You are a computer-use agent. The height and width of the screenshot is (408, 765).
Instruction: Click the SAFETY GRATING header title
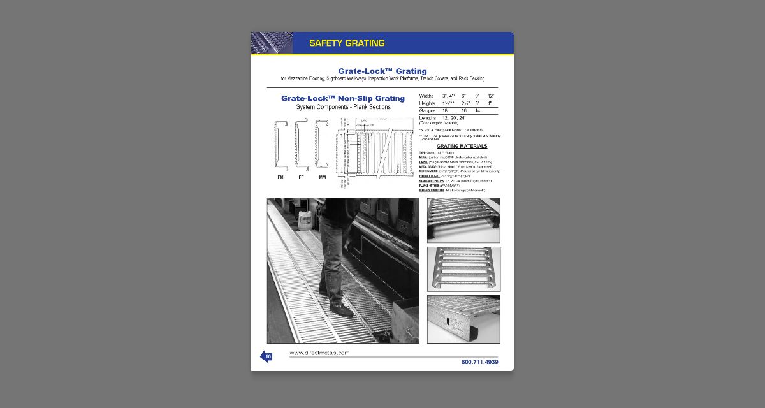coord(347,43)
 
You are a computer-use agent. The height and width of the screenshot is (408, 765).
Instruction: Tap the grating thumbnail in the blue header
coord(272,43)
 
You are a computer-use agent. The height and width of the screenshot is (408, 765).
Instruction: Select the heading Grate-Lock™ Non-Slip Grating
coord(343,99)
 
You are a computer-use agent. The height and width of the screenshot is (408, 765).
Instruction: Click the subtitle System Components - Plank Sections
coord(343,107)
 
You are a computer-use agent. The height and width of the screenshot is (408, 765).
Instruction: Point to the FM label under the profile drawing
coord(280,177)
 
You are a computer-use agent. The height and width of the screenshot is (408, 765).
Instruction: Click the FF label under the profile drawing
coord(301,177)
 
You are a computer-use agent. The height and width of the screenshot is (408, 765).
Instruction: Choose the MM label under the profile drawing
coord(322,177)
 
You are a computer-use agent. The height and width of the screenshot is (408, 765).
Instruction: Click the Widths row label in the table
coord(426,96)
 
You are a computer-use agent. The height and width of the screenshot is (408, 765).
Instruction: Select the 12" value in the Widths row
coord(491,96)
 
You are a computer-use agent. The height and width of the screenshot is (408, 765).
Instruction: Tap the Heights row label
coord(427,103)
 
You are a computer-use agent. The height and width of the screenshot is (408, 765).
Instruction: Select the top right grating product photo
coord(463,220)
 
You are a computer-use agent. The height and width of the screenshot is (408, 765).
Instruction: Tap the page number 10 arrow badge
coord(266,357)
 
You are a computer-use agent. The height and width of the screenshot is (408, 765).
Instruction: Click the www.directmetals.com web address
coord(319,353)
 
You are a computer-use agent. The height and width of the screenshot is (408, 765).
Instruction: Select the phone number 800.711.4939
coord(479,362)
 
